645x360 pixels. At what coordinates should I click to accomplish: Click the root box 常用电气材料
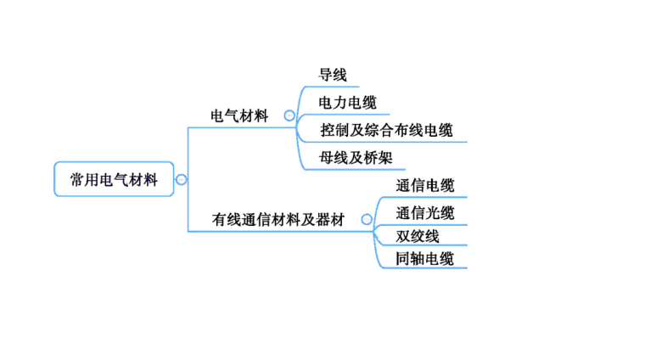pyautogui.click(x=113, y=180)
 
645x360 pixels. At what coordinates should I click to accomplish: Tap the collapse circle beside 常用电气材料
pyautogui.click(x=182, y=180)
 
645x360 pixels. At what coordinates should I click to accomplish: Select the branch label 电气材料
pyautogui.click(x=238, y=116)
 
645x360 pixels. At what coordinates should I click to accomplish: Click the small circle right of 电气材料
pyautogui.click(x=289, y=116)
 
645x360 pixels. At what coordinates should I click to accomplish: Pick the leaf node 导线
pyautogui.click(x=333, y=76)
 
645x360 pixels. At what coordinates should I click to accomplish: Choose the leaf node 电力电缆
pyautogui.click(x=347, y=103)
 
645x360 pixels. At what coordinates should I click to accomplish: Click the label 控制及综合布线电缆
pyautogui.click(x=386, y=131)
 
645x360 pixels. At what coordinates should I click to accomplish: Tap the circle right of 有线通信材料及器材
pyautogui.click(x=367, y=220)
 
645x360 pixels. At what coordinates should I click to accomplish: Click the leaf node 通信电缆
pyautogui.click(x=424, y=186)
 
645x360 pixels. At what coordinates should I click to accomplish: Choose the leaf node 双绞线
pyautogui.click(x=417, y=236)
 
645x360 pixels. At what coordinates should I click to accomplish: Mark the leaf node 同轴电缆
pyautogui.click(x=424, y=259)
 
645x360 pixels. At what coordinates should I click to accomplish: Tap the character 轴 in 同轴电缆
pyautogui.click(x=418, y=259)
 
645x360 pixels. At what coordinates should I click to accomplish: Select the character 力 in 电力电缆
pyautogui.click(x=339, y=103)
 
